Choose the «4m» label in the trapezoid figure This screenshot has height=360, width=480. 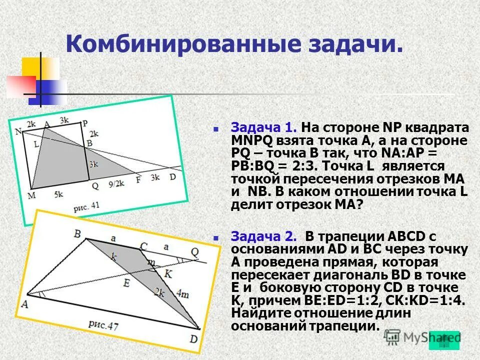pos(183,294)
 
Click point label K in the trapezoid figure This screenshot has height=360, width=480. pos(168,273)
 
